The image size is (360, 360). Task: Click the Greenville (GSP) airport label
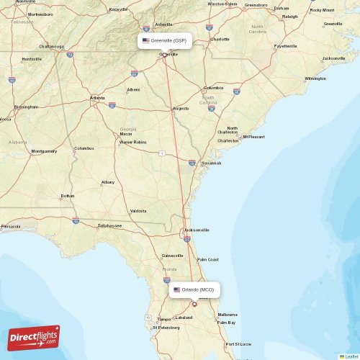[164, 41]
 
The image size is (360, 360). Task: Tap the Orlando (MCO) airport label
[194, 289]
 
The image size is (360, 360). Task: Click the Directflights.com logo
[34, 337]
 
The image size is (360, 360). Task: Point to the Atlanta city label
[97, 98]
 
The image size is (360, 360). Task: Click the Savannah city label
[211, 163]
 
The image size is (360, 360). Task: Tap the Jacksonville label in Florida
[197, 230]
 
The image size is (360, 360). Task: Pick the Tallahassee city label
[109, 225]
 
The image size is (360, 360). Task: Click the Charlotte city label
[220, 39]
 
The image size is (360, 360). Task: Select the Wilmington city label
[315, 78]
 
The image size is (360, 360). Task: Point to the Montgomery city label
[45, 151]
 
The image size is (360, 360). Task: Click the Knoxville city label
[118, 9]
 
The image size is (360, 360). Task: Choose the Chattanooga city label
[52, 46]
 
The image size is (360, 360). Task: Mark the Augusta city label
[181, 109]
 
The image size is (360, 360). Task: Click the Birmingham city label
[25, 107]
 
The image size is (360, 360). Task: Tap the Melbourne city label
[228, 315]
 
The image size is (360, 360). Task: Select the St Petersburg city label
[166, 328]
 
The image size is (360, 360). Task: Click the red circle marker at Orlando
[194, 304]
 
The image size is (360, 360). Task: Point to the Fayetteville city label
[285, 46]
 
